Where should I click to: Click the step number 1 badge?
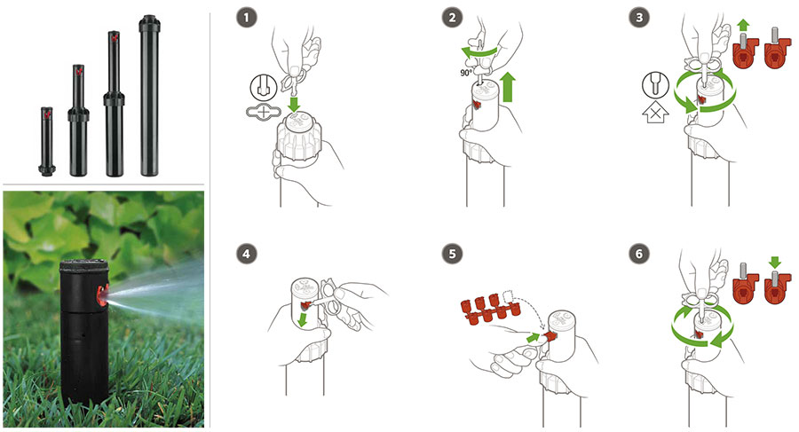[x=247, y=18]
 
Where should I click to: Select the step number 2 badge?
[x=453, y=18]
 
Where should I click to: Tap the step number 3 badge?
[x=639, y=18]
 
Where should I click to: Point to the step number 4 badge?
[x=247, y=254]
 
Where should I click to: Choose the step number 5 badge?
[x=453, y=254]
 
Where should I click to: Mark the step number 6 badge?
[x=639, y=254]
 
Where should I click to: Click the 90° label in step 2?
[x=466, y=73]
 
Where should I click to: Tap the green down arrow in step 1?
[x=293, y=105]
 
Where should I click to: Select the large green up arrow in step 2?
[x=508, y=87]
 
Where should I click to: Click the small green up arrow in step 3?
[x=743, y=26]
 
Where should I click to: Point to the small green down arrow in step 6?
[x=775, y=263]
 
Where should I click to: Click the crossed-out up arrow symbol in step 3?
[x=656, y=113]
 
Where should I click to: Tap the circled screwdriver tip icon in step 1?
[x=264, y=87]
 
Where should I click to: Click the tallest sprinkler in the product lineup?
[x=149, y=95]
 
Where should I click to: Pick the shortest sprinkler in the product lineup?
[x=47, y=141]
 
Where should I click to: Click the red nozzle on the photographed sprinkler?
[x=102, y=295]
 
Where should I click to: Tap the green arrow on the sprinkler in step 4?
[x=303, y=320]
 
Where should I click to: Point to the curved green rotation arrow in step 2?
[x=479, y=51]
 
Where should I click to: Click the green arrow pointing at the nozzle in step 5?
[x=533, y=337]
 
